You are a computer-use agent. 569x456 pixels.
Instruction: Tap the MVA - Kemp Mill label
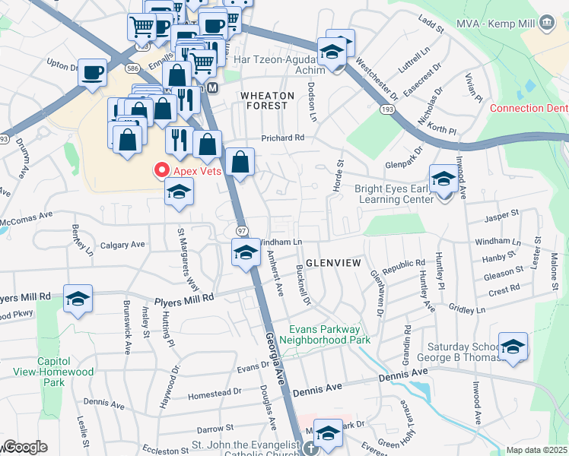492,24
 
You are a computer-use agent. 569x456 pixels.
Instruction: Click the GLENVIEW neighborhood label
332,262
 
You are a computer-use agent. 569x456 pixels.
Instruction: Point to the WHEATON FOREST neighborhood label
264,100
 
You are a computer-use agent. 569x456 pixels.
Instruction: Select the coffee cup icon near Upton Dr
92,72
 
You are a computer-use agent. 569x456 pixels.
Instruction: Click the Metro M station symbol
213,87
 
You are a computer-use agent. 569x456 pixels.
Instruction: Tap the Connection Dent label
528,108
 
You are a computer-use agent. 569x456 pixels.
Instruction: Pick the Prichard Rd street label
282,138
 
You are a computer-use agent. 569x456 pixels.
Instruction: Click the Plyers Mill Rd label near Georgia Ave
186,299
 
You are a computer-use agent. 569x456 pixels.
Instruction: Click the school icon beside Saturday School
513,347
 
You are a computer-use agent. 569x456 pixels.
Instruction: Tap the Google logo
25,447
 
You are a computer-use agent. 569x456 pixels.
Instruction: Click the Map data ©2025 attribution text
536,450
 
